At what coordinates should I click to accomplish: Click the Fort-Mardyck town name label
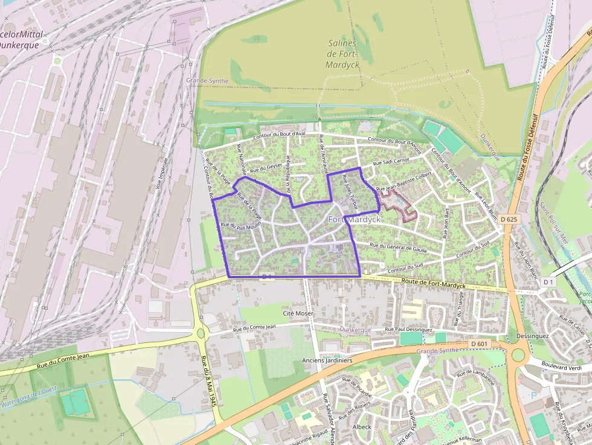point(355,220)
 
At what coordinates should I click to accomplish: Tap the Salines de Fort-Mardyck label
point(342,54)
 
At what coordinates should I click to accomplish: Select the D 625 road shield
point(510,220)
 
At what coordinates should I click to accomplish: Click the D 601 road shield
point(478,344)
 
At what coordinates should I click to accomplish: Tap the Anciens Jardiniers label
point(327,360)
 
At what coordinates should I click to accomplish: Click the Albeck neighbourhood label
point(361,427)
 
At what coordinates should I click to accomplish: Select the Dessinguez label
point(532,336)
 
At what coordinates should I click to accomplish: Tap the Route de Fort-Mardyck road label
point(433,284)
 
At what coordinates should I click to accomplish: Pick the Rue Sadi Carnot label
point(391,162)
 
